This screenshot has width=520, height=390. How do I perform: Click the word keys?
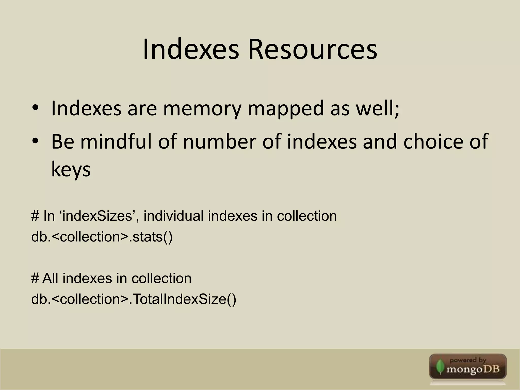click(x=71, y=170)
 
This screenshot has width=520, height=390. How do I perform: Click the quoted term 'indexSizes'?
click(x=99, y=216)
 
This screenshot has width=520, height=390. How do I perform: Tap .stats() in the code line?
click(x=151, y=237)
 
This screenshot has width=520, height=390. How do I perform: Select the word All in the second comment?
click(x=51, y=279)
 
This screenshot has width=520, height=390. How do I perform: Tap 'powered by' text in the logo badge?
click(x=468, y=360)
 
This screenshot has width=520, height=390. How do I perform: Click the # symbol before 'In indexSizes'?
click(x=35, y=216)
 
